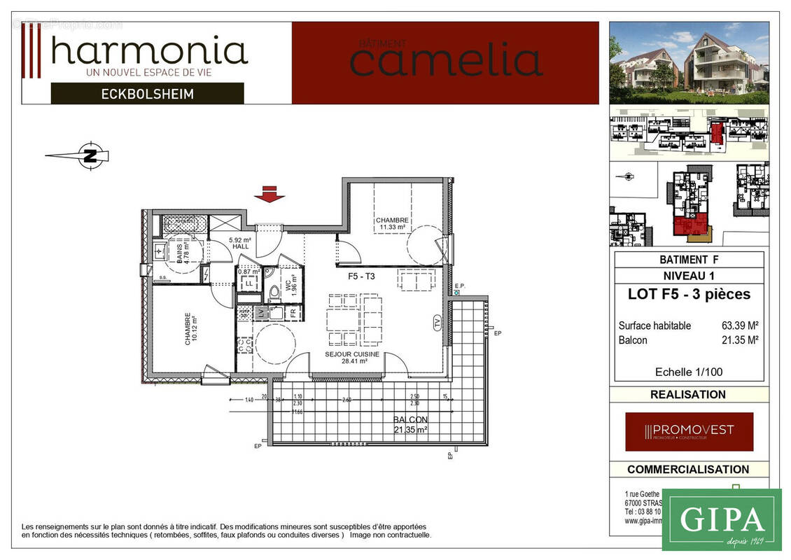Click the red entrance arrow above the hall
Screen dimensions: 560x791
tap(269, 195)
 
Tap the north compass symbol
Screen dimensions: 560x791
tap(90, 155)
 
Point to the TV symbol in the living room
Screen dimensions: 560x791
tap(437, 323)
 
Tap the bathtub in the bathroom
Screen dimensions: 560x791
tap(181, 225)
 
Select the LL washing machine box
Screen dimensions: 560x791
tap(247, 283)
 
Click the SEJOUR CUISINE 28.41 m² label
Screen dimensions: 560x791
tap(352, 358)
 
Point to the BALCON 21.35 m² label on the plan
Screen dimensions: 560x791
tap(409, 424)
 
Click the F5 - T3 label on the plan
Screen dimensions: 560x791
tap(362, 276)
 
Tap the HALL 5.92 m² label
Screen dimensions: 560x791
tap(239, 244)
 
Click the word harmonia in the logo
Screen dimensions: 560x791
tap(149, 51)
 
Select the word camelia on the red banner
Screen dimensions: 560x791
tap(446, 61)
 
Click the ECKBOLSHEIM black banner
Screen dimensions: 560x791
tap(147, 93)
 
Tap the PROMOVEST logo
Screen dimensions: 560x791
tap(689, 431)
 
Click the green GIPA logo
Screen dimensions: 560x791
tap(721, 520)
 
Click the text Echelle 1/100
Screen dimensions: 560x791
tap(688, 372)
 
